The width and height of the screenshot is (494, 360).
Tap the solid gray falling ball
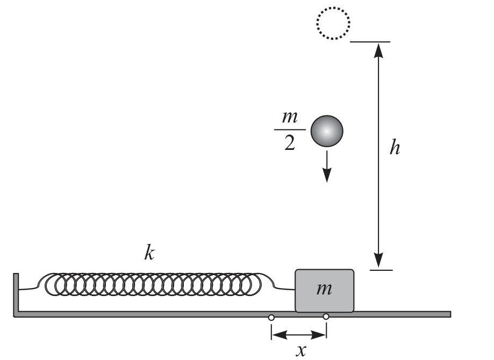point(327,131)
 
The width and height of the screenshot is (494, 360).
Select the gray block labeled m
point(324,290)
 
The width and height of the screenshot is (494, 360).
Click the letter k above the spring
point(149,253)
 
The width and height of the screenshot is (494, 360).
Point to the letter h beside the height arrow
point(395,147)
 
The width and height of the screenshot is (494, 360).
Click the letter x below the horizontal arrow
point(301,350)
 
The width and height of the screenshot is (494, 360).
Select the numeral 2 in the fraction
point(290,143)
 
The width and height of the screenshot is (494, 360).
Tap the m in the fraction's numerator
point(290,117)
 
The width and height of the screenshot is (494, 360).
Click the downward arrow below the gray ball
point(327,167)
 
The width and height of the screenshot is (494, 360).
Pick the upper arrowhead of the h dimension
point(378,51)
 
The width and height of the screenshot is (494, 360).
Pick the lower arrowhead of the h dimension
point(378,261)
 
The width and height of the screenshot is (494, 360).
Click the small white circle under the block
point(326,316)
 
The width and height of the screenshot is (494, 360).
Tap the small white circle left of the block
point(271,318)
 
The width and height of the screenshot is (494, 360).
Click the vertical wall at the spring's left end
point(16,294)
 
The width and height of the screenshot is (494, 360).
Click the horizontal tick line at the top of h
point(370,41)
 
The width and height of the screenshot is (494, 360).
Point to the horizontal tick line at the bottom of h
point(381,270)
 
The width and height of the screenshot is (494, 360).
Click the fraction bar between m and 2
point(290,129)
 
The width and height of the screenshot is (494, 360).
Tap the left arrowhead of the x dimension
point(279,335)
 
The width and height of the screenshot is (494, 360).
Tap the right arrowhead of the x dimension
point(319,335)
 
